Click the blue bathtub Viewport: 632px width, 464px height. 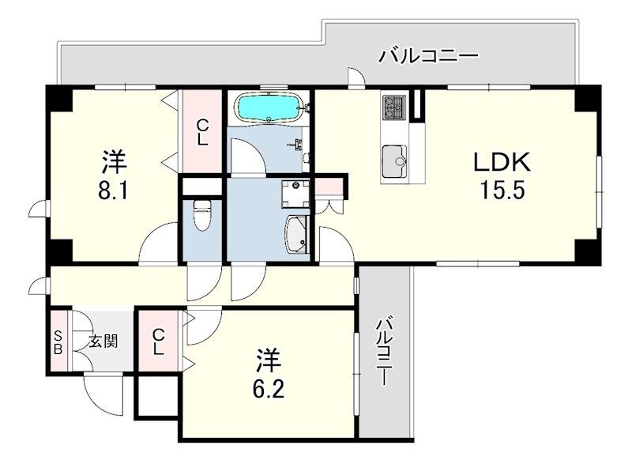tap(269, 108)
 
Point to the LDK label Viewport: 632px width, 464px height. tap(502, 164)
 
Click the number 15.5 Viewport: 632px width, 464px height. tap(502, 190)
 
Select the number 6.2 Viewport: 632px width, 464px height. tap(269, 389)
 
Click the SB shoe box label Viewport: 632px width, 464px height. tap(58, 342)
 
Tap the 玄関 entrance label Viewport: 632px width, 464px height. tap(103, 341)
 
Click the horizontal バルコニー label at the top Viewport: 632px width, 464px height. tap(429, 56)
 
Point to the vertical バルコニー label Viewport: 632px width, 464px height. tap(385, 352)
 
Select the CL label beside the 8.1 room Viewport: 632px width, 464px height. tap(202, 134)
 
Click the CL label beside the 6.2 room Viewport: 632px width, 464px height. tap(159, 341)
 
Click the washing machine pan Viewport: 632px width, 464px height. tap(295, 194)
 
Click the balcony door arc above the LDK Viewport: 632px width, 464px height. tap(357, 77)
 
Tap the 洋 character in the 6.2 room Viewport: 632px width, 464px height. tap(269, 360)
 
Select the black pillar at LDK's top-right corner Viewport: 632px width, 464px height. tap(588, 97)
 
